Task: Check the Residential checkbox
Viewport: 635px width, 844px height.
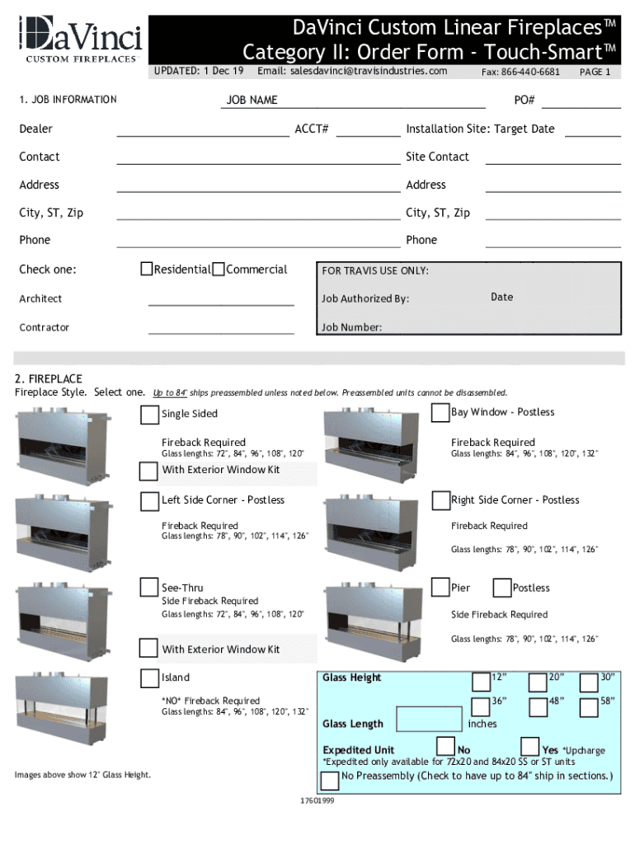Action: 146,270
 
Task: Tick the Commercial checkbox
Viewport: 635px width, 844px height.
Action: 219,270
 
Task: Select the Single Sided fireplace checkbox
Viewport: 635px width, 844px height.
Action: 149,415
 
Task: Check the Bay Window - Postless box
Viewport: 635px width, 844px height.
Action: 440,413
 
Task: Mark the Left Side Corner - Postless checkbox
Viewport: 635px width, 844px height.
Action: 149,501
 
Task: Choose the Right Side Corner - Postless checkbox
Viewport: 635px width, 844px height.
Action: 440,500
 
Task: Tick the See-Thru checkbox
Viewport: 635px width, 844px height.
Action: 149,588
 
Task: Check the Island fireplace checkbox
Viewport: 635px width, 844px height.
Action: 149,678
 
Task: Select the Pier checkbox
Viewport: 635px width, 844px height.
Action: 440,588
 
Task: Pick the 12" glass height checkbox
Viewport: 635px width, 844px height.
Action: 481,681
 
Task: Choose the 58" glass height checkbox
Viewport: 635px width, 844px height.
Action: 589,706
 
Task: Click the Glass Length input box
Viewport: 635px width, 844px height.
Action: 429,720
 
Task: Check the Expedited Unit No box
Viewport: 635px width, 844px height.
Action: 445,747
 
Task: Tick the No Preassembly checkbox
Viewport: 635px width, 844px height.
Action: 329,780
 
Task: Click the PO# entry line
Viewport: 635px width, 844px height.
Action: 581,101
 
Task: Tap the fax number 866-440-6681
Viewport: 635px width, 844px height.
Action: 521,72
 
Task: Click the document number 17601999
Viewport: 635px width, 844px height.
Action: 317,800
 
